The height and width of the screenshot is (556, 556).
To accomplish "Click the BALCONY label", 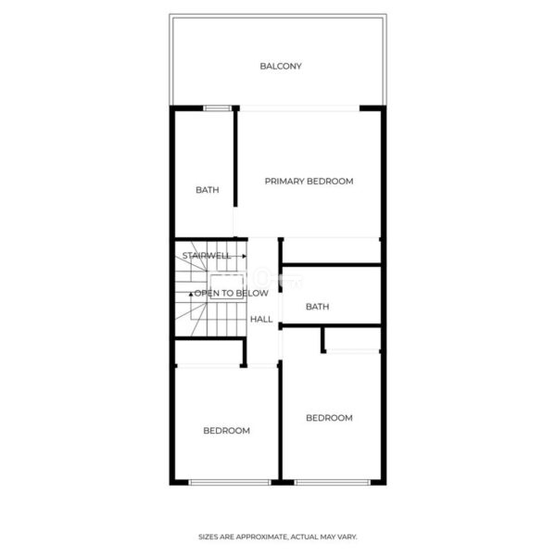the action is click(x=281, y=67).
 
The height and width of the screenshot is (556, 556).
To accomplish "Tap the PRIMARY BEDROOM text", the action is click(x=309, y=182).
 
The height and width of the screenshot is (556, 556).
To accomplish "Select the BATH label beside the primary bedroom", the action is click(x=208, y=190).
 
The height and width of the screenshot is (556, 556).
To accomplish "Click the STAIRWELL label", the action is click(x=207, y=256).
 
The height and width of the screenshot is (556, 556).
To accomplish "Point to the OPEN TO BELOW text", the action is click(x=231, y=293).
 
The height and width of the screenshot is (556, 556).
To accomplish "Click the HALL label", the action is click(x=261, y=319).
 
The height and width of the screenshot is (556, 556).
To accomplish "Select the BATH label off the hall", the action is click(x=317, y=307).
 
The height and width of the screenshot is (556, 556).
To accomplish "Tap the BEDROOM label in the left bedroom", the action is click(x=227, y=431).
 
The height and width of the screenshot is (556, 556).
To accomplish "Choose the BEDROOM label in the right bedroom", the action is click(x=329, y=418).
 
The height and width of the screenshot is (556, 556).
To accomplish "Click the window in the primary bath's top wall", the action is click(x=217, y=108).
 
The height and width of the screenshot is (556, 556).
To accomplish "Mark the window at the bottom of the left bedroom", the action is click(x=230, y=482).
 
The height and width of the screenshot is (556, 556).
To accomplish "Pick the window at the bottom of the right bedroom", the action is click(x=333, y=482).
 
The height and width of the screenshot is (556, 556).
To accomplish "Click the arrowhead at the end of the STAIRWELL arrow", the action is click(x=245, y=256).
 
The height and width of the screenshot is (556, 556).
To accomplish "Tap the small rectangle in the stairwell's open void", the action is click(x=227, y=286).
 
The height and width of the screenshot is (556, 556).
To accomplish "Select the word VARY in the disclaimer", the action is click(x=347, y=537).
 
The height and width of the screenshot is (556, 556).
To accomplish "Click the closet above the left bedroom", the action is click(x=208, y=352).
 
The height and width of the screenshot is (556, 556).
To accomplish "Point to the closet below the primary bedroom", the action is click(x=332, y=251).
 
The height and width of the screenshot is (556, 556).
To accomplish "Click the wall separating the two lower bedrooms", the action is click(x=280, y=421).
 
